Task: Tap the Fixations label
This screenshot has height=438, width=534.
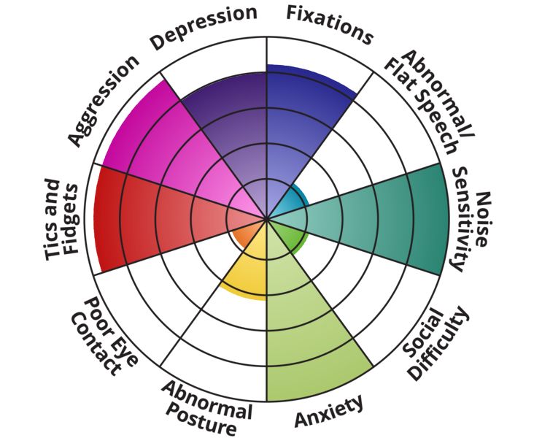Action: (x=329, y=23)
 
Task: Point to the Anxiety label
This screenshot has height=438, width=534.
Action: (x=329, y=412)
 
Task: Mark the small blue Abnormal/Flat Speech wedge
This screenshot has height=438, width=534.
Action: (x=293, y=201)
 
